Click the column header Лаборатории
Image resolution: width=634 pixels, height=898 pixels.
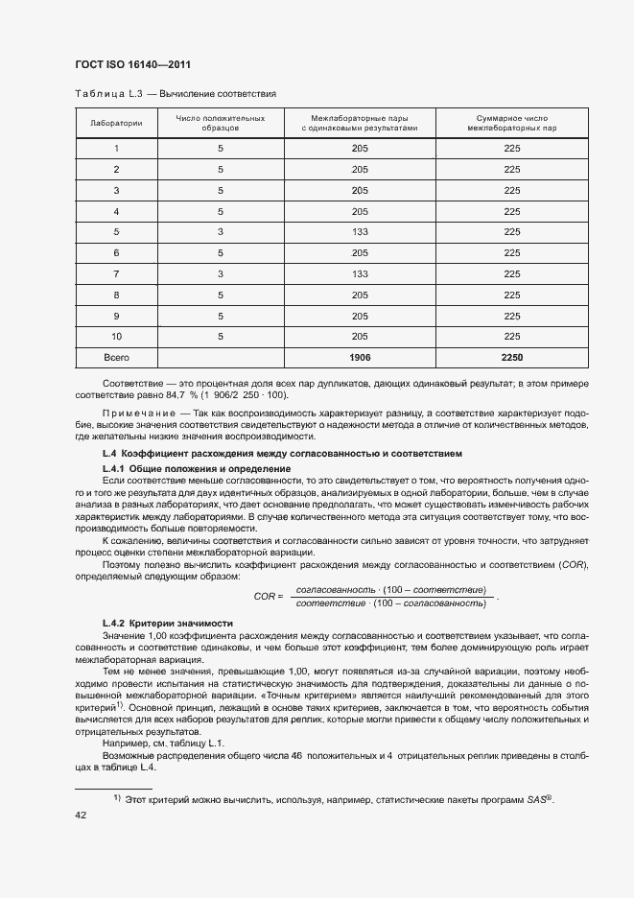point(116,124)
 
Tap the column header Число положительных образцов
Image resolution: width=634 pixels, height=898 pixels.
point(220,123)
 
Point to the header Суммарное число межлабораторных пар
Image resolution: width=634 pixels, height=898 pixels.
point(511,123)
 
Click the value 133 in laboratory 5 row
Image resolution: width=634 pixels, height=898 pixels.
point(360,231)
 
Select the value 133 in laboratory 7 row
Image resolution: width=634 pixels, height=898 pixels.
point(360,273)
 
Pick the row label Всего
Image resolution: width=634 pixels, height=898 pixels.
point(116,357)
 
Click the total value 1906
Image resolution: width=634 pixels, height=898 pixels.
point(360,357)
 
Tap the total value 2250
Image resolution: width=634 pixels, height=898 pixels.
point(511,357)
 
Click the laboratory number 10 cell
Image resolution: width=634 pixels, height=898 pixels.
point(116,336)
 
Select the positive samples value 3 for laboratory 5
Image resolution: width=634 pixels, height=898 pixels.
point(220,231)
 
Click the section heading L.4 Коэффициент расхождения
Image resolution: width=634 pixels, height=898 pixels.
point(282,452)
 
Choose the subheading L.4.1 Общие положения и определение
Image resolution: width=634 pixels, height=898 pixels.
point(196,467)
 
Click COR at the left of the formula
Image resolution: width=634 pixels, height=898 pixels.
point(265,596)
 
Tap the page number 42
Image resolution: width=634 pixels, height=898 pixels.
point(81,815)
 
